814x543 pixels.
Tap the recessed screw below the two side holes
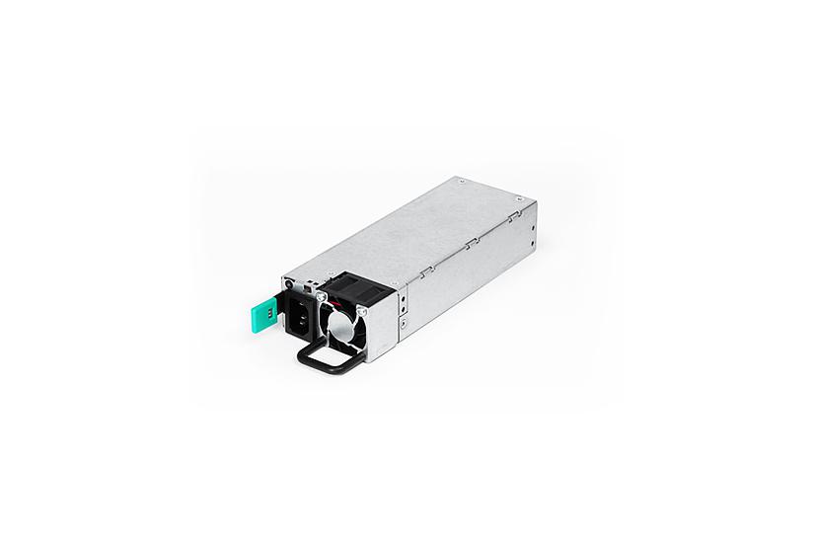(x=406, y=322)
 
